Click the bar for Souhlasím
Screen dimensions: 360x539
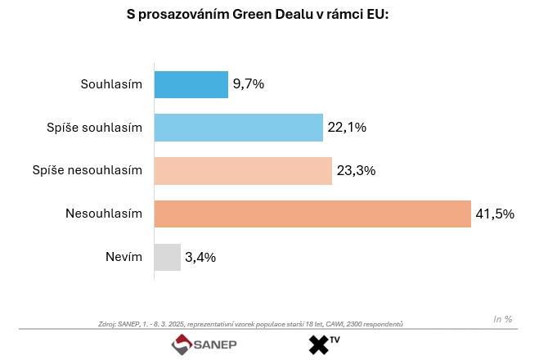[191, 85]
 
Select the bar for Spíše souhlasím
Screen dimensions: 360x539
[239, 128]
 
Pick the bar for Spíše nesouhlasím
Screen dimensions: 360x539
[243, 171]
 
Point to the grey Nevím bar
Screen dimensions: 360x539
[168, 257]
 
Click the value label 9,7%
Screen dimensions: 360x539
[249, 85]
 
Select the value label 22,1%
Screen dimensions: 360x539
[347, 128]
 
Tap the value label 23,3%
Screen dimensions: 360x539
[355, 171]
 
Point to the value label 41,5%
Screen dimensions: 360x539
[495, 214]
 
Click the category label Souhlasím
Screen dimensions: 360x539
[111, 85]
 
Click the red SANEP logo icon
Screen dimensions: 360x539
[180, 345]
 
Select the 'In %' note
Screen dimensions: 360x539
[503, 318]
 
